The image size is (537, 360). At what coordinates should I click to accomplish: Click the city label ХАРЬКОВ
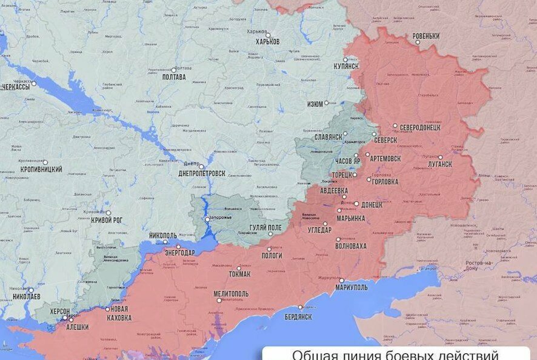(x=267, y=42)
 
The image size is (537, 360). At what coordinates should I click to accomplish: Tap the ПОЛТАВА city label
(x=174, y=77)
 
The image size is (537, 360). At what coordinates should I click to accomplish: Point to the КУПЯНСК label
(x=346, y=66)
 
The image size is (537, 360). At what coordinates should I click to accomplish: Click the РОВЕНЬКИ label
(x=425, y=36)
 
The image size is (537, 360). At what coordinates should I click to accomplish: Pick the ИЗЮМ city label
(x=315, y=104)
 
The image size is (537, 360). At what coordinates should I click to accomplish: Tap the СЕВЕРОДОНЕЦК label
(x=420, y=127)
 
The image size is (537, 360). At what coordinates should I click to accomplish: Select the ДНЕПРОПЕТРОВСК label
(x=202, y=173)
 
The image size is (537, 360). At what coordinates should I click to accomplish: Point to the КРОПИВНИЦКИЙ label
(x=40, y=170)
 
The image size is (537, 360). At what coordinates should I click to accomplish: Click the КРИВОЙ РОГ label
(x=107, y=220)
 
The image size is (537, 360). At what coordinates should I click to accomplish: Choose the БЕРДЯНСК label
(x=298, y=316)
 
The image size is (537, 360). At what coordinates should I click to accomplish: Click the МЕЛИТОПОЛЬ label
(x=231, y=293)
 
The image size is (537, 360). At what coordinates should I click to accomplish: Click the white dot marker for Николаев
(x=31, y=290)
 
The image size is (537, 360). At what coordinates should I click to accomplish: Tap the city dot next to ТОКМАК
(x=239, y=268)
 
